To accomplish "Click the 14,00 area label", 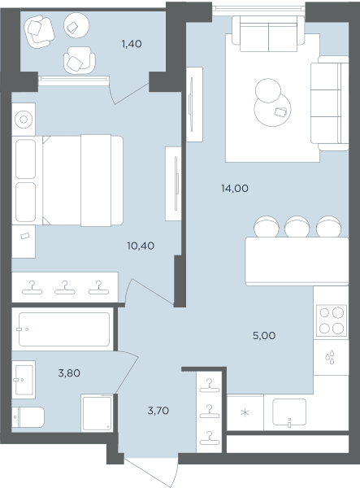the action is click(235, 189).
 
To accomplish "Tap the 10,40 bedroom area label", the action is click(141, 246).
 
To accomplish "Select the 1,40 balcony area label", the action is click(132, 44).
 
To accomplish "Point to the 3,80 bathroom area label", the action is click(69, 373).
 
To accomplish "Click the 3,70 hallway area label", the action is click(158, 411).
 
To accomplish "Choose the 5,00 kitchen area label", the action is click(264, 335).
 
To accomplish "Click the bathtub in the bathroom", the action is click(63, 329).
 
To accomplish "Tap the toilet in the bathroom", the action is click(28, 417).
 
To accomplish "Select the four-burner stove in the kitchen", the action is click(332, 320).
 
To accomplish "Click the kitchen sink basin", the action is click(289, 412).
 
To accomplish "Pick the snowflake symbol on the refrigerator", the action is click(245, 413).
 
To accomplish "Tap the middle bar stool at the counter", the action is click(297, 227).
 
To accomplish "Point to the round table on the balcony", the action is click(76, 25).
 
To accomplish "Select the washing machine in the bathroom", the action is click(97, 412).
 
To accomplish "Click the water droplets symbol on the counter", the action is click(330, 357).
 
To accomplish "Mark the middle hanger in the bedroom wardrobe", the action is click(65, 288).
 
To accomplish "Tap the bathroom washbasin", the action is click(24, 380).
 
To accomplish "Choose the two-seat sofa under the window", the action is click(268, 33).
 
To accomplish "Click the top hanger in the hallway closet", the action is click(210, 386).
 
